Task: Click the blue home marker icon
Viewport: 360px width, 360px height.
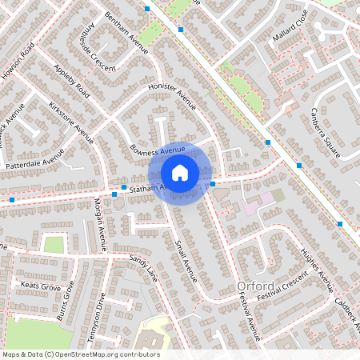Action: click(x=180, y=172)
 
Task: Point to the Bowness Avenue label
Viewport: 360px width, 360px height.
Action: click(x=157, y=150)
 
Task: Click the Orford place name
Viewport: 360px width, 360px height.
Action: click(x=255, y=286)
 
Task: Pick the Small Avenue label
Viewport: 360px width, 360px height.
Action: click(x=185, y=260)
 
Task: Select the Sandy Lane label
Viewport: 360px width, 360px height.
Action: click(x=143, y=270)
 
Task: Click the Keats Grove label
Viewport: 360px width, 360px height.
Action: click(x=40, y=286)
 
